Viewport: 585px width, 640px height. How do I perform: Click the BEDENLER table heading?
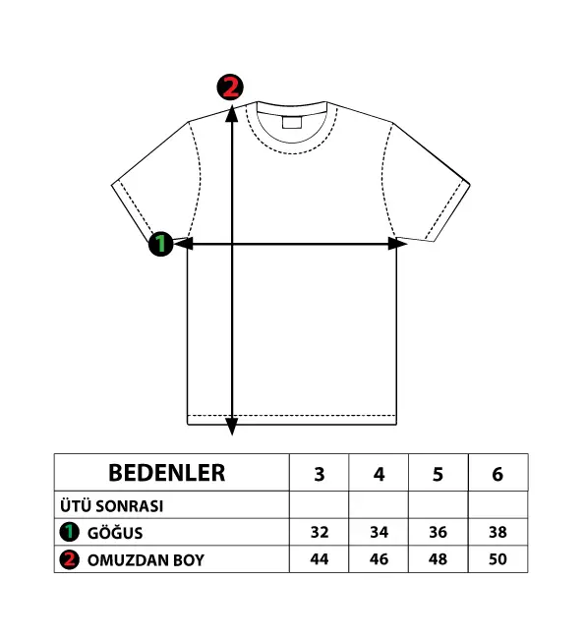[x=166, y=473]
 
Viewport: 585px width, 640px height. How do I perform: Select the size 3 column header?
[x=320, y=474]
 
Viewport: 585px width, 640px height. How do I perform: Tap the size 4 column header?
[x=379, y=474]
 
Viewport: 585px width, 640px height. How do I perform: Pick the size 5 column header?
[x=438, y=474]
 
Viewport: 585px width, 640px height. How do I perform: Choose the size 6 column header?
[x=497, y=474]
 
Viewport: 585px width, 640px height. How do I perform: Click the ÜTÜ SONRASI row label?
[x=111, y=506]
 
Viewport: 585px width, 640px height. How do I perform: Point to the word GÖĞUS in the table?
[x=115, y=533]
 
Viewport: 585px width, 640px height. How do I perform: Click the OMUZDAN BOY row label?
[x=146, y=560]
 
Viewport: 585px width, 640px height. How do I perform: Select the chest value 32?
[x=320, y=532]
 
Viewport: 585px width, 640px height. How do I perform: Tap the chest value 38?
[x=497, y=532]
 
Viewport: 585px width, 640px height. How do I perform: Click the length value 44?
[x=320, y=559]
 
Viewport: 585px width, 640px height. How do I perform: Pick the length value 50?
[x=497, y=559]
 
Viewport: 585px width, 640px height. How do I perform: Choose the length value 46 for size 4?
[x=379, y=559]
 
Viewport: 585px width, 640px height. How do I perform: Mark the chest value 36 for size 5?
[x=438, y=532]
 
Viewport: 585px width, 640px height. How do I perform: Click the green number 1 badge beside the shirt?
[x=161, y=244]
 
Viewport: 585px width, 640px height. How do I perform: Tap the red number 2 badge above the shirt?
[x=230, y=87]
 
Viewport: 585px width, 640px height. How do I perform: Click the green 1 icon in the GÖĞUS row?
[x=70, y=532]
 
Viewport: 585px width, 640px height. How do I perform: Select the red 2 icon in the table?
[x=70, y=559]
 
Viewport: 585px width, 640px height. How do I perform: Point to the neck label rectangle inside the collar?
[x=291, y=123]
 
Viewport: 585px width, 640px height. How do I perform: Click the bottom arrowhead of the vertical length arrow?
[x=232, y=427]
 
